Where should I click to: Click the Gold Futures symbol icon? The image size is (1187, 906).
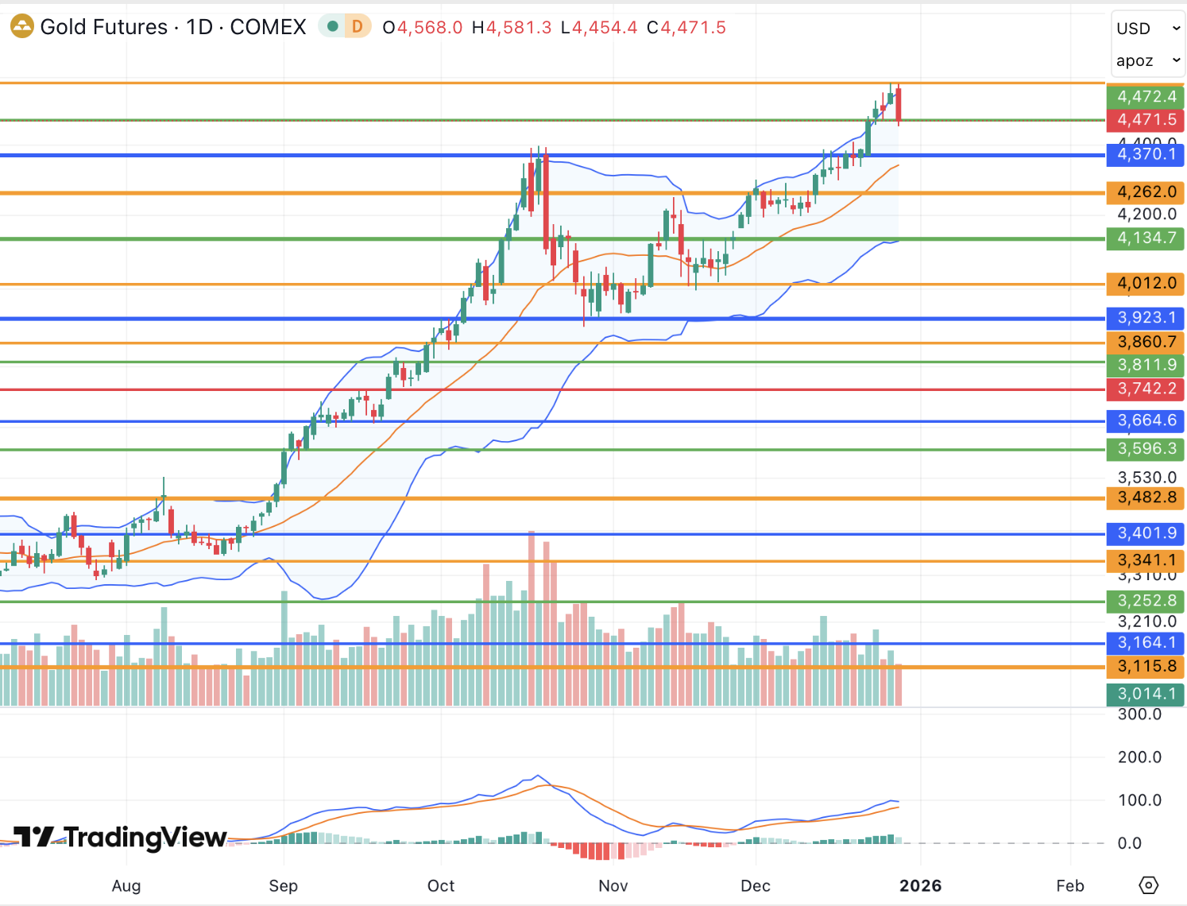[x=21, y=27]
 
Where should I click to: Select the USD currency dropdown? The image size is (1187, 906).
[x=1147, y=29]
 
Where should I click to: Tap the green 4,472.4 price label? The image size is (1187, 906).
[x=1146, y=97]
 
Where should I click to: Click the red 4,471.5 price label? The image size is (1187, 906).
[x=1146, y=120]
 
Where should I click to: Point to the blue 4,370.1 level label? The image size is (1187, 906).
[x=1146, y=154]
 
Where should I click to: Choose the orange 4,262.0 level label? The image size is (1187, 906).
[x=1146, y=192]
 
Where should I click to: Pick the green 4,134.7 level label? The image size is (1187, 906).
[x=1146, y=238]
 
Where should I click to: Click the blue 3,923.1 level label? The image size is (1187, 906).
[x=1146, y=318]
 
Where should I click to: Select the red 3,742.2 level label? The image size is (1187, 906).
[x=1146, y=389]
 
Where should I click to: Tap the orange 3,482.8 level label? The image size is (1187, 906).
[x=1146, y=498]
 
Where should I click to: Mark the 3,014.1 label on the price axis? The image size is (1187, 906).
[x=1146, y=694]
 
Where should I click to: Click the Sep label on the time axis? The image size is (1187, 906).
[x=283, y=886]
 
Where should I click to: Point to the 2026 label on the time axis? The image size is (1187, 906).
[x=920, y=886]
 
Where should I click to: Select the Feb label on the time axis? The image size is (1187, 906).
[x=1069, y=886]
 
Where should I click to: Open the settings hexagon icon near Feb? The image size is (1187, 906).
[x=1149, y=885]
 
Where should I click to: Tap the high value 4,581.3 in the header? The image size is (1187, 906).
[x=518, y=28]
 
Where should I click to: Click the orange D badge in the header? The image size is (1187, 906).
[x=358, y=27]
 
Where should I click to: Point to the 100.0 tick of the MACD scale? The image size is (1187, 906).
[x=1139, y=800]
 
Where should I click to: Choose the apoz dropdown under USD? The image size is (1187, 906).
[x=1147, y=60]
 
